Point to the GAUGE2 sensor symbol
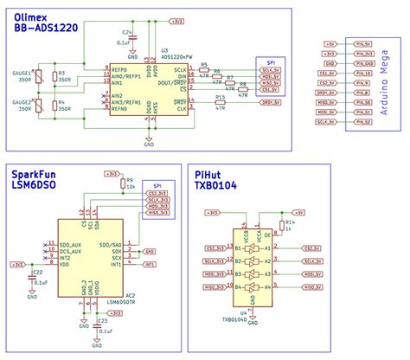point(27,108)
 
